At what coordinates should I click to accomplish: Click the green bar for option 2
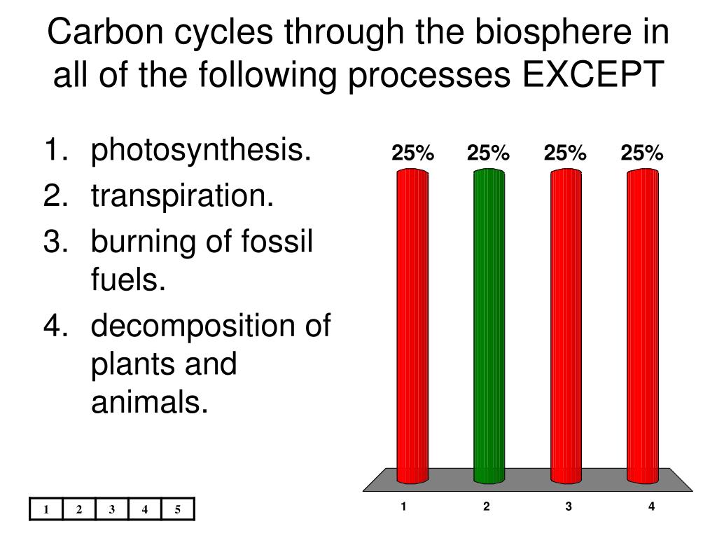click(x=489, y=326)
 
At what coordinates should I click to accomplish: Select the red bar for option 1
click(x=412, y=326)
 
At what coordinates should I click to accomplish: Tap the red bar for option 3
click(x=566, y=326)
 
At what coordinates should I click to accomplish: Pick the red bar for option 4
click(x=643, y=326)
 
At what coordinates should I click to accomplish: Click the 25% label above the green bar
click(x=488, y=153)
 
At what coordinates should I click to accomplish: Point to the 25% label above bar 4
click(x=641, y=153)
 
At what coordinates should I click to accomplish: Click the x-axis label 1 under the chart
click(x=403, y=506)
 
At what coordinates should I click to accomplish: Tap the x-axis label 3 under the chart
click(x=569, y=506)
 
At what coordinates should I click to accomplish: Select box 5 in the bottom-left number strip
click(x=178, y=509)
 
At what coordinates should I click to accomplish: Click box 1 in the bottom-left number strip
click(x=46, y=509)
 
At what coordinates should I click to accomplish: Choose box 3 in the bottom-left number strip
click(x=112, y=509)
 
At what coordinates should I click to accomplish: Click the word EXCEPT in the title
click(x=593, y=74)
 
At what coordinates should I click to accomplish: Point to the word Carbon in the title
click(x=105, y=32)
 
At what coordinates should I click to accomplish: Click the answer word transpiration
click(x=182, y=197)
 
